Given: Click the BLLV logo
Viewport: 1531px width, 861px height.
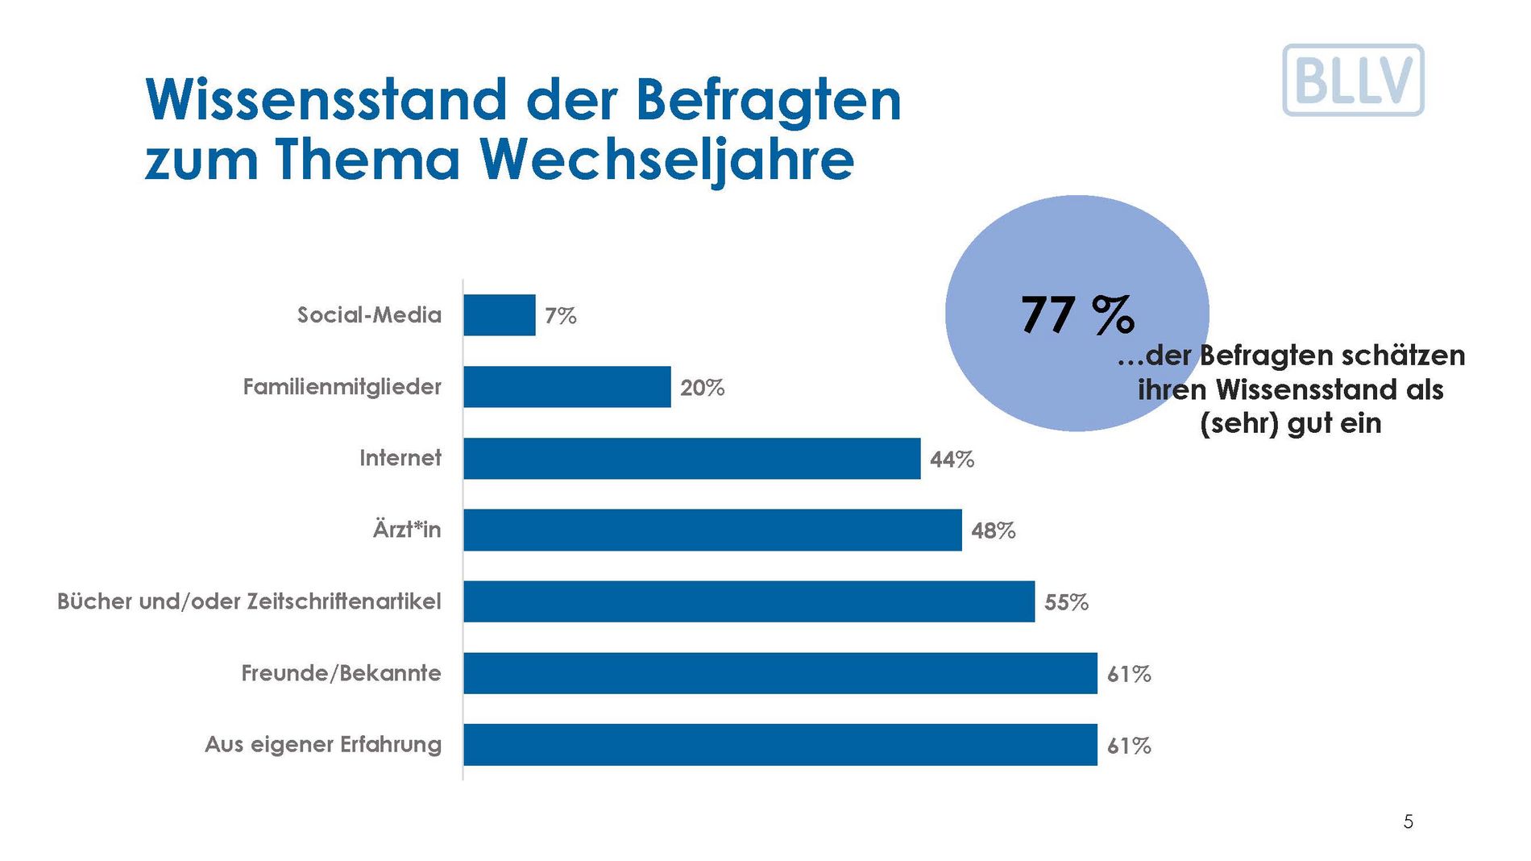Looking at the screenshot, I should (1353, 80).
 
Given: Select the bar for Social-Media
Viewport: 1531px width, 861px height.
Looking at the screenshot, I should (500, 315).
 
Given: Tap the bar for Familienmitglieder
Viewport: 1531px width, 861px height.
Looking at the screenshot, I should (567, 387).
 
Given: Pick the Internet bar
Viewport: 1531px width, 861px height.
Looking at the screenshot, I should (691, 459).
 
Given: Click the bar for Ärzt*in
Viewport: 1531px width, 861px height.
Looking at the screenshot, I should (712, 530).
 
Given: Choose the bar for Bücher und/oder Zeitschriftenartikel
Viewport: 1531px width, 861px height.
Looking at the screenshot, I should (749, 601).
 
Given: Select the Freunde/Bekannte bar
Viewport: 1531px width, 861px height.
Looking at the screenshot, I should (780, 673).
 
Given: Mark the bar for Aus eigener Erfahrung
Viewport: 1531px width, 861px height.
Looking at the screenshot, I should (780, 745).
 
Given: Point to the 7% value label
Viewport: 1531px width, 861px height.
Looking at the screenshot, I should (561, 316).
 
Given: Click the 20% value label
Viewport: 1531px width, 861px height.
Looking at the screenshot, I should (703, 388).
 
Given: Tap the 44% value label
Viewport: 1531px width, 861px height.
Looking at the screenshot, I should (952, 460).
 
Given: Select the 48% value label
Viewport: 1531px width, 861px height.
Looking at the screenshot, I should (994, 530).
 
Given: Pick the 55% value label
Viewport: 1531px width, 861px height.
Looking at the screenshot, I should (1067, 602).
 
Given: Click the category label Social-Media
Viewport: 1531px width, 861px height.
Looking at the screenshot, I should (369, 314).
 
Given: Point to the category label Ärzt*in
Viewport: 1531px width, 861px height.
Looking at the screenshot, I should (407, 530).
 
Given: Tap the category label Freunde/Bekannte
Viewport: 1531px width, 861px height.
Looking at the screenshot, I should (341, 673).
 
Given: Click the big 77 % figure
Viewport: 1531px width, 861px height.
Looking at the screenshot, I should (1077, 314).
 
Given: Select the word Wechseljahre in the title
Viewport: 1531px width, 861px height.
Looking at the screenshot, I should (669, 160).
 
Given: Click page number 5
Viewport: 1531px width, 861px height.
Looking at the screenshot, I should (1409, 821).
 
